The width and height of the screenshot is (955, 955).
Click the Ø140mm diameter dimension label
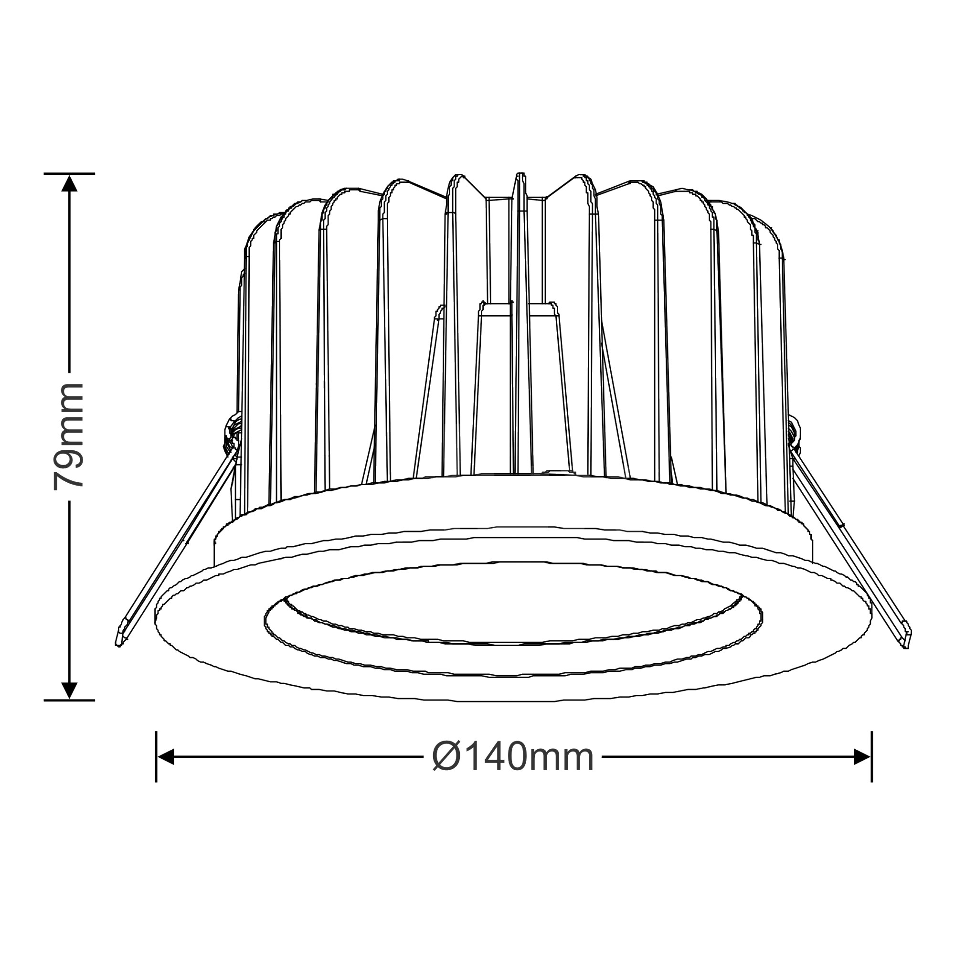click(512, 757)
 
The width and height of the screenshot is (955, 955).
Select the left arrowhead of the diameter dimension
click(166, 757)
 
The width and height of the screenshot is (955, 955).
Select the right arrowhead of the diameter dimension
click(861, 757)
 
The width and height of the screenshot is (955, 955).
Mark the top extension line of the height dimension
click(69, 173)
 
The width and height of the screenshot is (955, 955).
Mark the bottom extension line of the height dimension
click(69, 700)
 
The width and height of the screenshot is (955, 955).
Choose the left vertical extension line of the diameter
click(156, 757)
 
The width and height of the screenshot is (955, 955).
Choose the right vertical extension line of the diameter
click(871, 757)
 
